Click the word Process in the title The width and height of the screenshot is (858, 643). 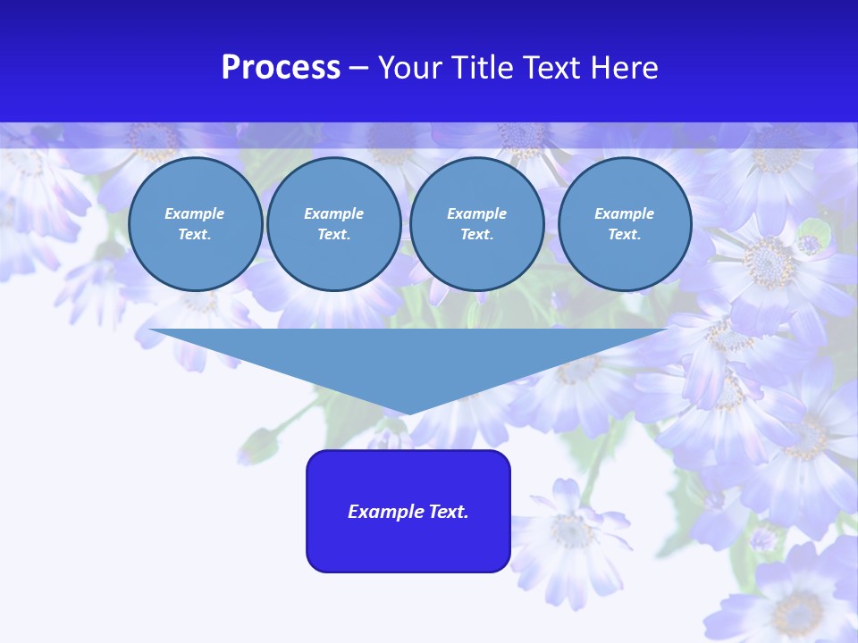[x=281, y=68]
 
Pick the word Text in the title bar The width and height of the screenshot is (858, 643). [x=553, y=68]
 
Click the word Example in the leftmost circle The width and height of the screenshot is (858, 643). [x=195, y=213]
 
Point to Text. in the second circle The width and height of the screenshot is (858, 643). [x=333, y=234]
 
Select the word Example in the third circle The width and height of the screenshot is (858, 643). [x=476, y=213]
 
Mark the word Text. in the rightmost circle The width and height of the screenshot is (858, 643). [x=624, y=234]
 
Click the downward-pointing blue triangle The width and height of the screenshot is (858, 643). [x=408, y=357]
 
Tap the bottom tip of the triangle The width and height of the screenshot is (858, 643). [x=408, y=412]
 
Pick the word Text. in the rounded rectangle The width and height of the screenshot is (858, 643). [x=449, y=512]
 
